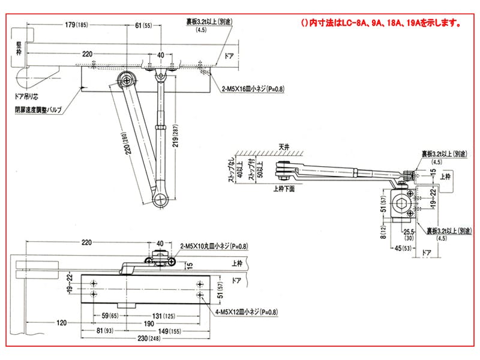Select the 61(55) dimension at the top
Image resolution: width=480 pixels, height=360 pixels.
coord(143,25)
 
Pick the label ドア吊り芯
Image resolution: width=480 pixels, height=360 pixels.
coord(28,96)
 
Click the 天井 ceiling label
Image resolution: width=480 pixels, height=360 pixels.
coord(276,147)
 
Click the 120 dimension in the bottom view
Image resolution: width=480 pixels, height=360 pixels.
coord(62,322)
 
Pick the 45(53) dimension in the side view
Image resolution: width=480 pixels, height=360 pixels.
coord(403,248)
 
